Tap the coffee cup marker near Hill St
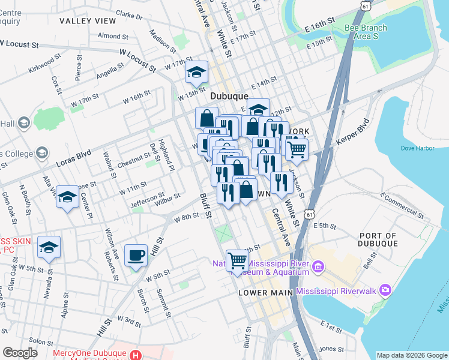click(136, 255)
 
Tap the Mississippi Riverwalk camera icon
click(384, 291)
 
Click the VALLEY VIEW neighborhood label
click(88, 21)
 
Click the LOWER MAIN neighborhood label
click(265, 293)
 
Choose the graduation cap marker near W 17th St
click(196, 72)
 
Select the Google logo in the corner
click(20, 353)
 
